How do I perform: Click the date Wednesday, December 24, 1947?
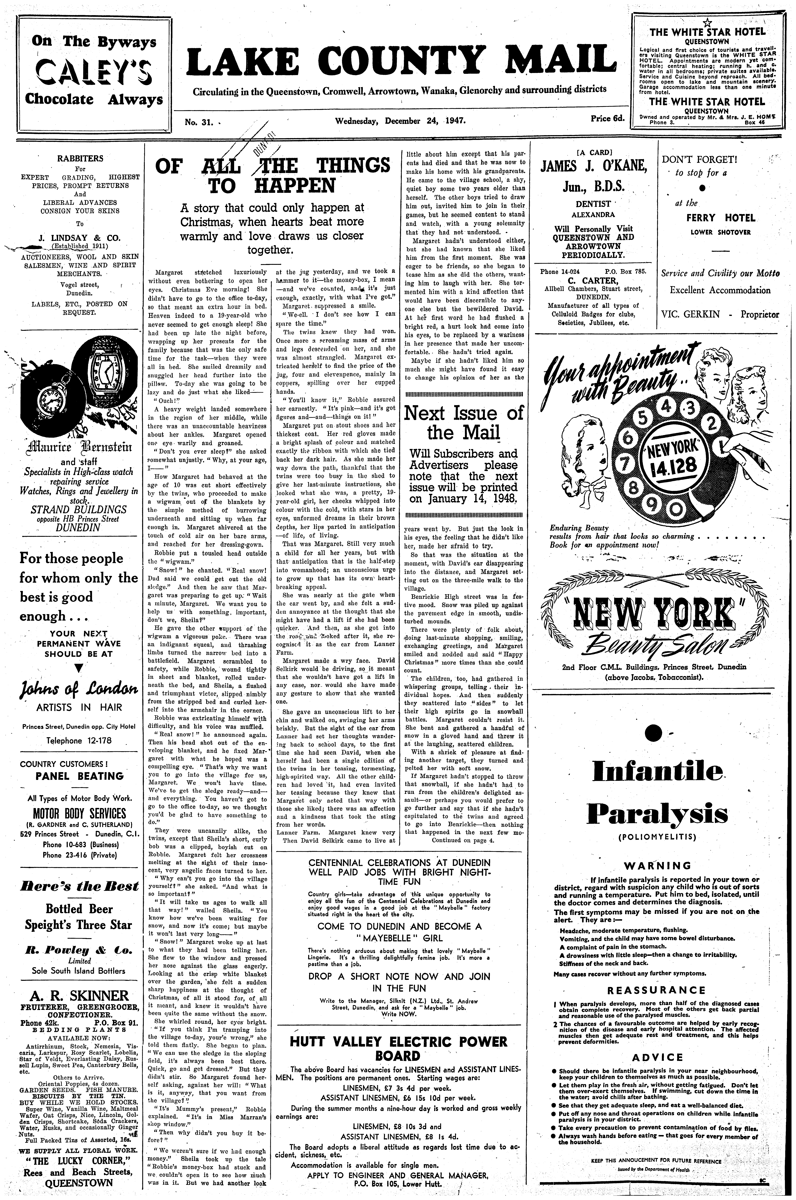coord(400,121)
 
